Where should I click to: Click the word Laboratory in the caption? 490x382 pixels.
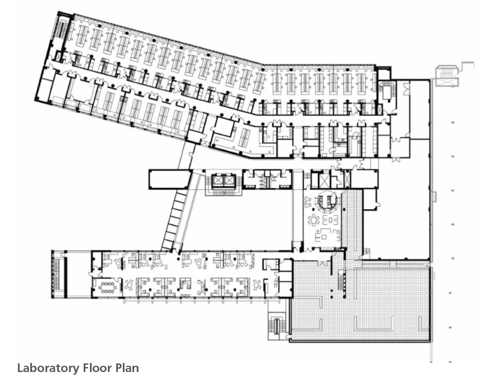point(48,368)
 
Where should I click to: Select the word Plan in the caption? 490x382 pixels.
point(127,368)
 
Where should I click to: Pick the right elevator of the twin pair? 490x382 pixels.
point(228,180)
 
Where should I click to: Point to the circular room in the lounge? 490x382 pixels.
point(326,202)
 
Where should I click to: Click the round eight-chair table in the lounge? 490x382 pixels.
point(314,220)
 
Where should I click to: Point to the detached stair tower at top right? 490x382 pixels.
point(447,76)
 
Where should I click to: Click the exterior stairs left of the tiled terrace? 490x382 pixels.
point(278,326)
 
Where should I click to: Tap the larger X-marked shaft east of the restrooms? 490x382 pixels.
point(324,180)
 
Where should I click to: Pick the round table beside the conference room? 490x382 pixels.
point(129,285)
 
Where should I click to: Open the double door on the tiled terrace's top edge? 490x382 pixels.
point(323,263)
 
